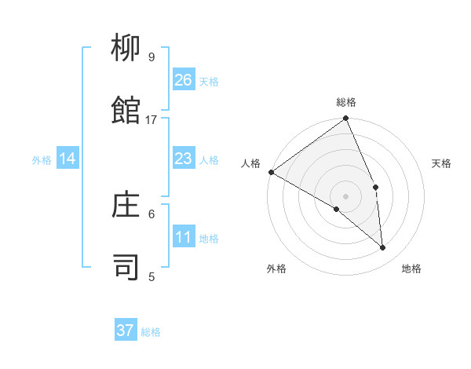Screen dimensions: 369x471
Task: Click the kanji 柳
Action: (126, 49)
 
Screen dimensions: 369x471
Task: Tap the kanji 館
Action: (126, 111)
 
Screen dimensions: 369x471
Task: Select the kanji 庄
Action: (126, 205)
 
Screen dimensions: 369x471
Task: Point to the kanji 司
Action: (126, 267)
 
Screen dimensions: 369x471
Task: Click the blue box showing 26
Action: (184, 80)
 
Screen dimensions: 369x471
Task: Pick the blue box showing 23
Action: (184, 159)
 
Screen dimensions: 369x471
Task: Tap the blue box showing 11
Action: (184, 238)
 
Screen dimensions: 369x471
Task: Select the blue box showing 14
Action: (68, 159)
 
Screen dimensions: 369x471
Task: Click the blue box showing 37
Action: (126, 331)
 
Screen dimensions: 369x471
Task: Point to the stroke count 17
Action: (152, 120)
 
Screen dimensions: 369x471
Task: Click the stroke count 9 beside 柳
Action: (152, 57)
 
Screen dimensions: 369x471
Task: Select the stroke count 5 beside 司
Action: (152, 276)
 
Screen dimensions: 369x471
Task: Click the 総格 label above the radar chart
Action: (346, 102)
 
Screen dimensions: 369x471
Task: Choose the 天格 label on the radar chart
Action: (441, 163)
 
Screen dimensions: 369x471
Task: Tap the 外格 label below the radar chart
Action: (276, 269)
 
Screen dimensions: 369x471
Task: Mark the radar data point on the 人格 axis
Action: (271, 172)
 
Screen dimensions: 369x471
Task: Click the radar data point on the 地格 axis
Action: (382, 247)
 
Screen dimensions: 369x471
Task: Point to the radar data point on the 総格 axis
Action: (346, 119)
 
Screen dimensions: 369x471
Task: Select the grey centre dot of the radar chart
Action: (346, 195)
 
